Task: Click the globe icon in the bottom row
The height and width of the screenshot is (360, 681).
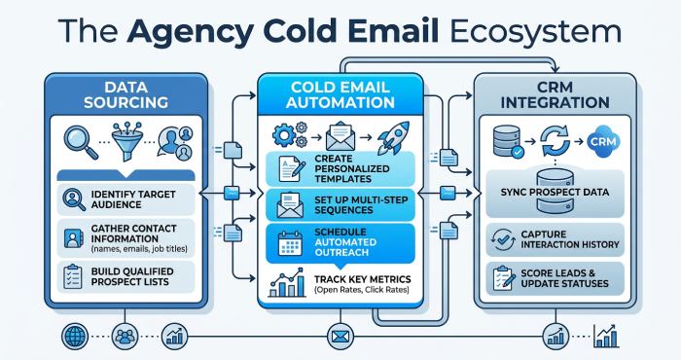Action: (74, 338)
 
